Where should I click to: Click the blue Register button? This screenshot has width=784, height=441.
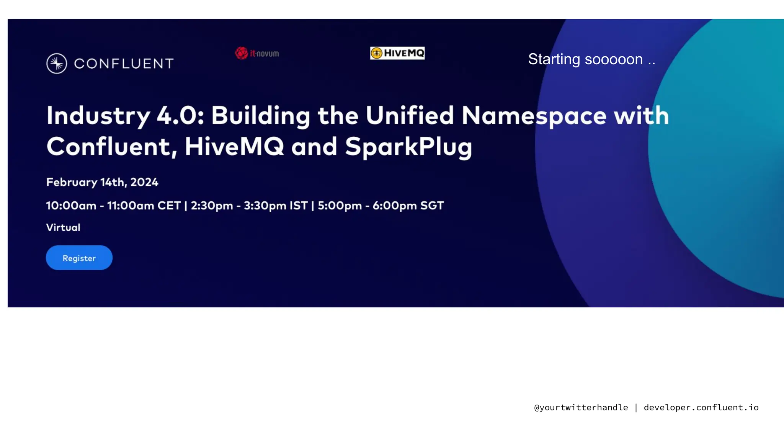click(79, 258)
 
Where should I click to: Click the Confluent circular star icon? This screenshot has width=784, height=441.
click(57, 64)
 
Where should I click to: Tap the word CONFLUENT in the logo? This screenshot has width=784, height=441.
click(124, 64)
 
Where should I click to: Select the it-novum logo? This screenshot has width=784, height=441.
click(257, 53)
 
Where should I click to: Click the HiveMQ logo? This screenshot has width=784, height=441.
click(397, 53)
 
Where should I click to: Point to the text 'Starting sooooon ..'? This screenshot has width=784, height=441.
click(591, 59)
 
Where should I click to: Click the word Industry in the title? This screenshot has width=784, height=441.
click(98, 116)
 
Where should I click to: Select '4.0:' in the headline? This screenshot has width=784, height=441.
click(180, 116)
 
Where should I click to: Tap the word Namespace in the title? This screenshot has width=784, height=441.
click(534, 116)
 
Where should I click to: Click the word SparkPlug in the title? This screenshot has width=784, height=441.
click(408, 147)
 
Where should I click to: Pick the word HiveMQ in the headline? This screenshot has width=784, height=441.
click(234, 147)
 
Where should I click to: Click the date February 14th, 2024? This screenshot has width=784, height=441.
click(102, 182)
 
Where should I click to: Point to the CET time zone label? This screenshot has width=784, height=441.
click(169, 206)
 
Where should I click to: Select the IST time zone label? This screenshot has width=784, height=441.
click(299, 206)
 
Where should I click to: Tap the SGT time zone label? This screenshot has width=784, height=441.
click(432, 206)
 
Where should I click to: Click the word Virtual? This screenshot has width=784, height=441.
click(63, 227)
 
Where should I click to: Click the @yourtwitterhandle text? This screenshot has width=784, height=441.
click(581, 407)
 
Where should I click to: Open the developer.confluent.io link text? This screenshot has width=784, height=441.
click(701, 407)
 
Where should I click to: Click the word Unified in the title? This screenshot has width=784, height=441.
click(410, 116)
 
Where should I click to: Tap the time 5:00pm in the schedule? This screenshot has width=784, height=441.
click(340, 206)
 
